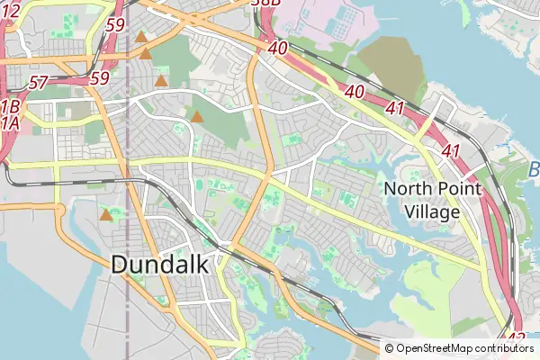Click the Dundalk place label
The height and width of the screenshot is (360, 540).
pos(159,265)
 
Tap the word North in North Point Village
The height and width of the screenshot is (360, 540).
pos(404,189)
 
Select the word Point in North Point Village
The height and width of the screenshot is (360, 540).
pos(453,189)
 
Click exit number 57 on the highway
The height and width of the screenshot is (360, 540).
pos(38,83)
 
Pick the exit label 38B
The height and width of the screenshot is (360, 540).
pos(265,4)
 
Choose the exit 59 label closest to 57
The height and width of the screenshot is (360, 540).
pos(99,78)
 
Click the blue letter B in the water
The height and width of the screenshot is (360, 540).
pos(533,169)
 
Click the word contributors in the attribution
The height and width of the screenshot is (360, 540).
pos(505,348)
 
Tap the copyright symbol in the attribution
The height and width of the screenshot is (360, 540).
pos(390,348)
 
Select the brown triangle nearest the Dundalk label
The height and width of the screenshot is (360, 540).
pos(106,215)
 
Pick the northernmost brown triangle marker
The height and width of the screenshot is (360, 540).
pos(141,37)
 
